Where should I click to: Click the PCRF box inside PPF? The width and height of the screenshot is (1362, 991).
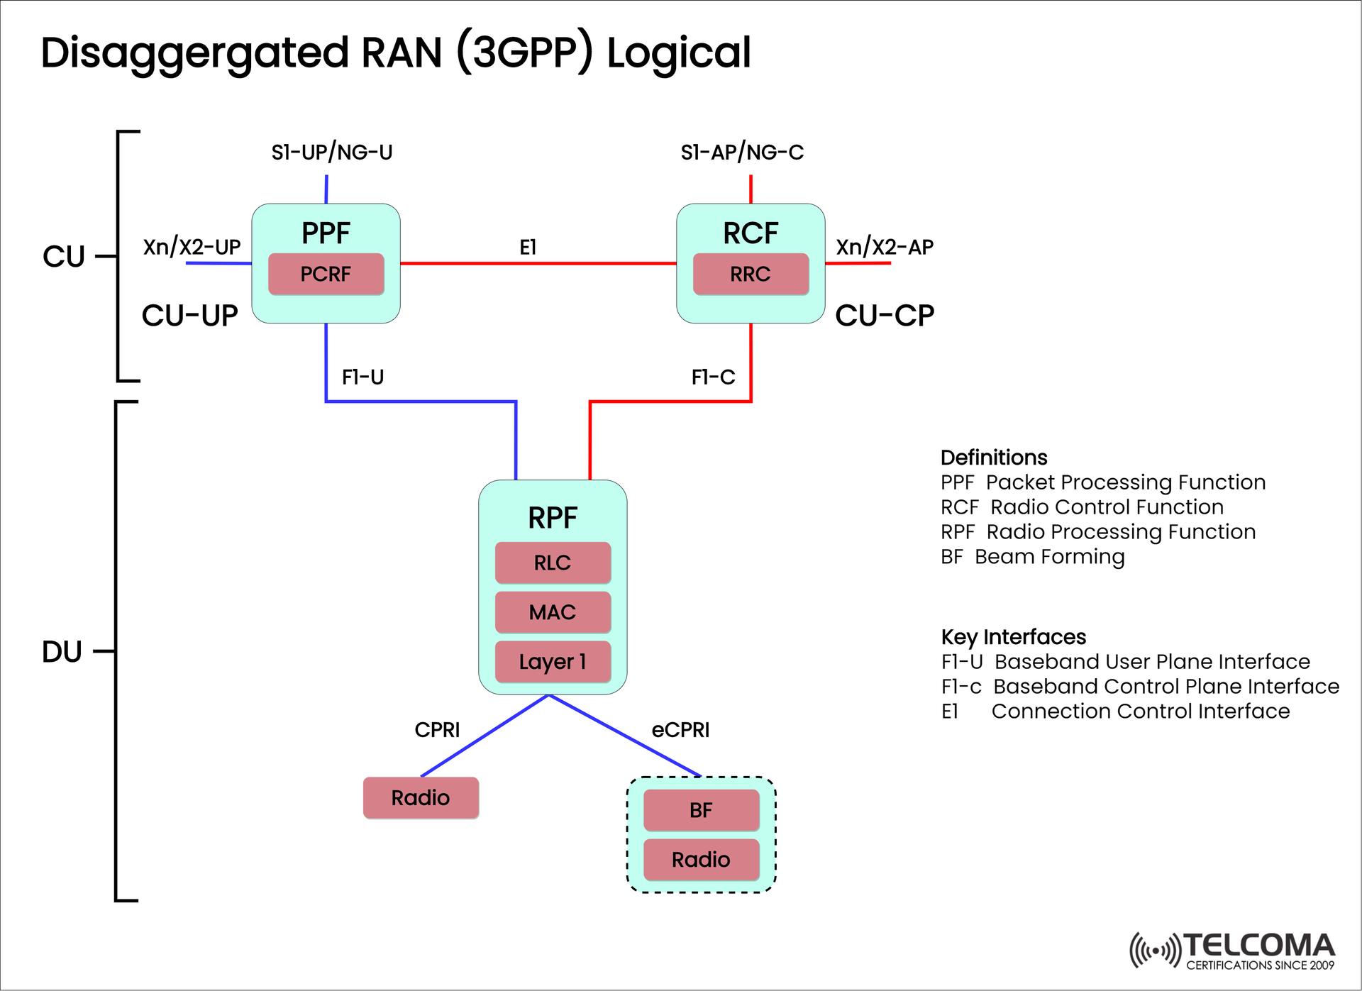point(326,274)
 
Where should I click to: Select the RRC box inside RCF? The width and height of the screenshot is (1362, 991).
point(751,274)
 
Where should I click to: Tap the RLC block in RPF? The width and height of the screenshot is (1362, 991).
point(553,563)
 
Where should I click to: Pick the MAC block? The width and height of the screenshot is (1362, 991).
point(553,612)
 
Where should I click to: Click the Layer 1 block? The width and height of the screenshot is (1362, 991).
point(553,661)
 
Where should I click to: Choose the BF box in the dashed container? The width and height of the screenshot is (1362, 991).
point(701,810)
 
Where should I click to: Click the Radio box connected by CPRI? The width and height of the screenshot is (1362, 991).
point(421,798)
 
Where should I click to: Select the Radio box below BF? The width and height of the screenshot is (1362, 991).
point(701,860)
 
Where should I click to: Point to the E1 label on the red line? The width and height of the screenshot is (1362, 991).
point(528,248)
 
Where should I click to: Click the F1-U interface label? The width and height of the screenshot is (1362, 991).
point(362,377)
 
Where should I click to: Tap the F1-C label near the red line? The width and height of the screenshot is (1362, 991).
point(713,377)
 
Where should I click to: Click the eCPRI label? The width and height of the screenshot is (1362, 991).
point(680,730)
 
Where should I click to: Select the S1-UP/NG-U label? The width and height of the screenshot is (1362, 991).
point(331,153)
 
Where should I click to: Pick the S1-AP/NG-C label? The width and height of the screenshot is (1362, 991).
point(742,153)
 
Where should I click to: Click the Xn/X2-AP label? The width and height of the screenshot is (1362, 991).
point(884,248)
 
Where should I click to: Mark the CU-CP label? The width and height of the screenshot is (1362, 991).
point(884,316)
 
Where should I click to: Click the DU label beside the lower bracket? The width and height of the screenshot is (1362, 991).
point(62,652)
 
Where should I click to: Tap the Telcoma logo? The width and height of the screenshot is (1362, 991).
point(1232,951)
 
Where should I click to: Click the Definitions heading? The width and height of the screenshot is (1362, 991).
point(993,458)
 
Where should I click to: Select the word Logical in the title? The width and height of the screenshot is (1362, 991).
point(678,53)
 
